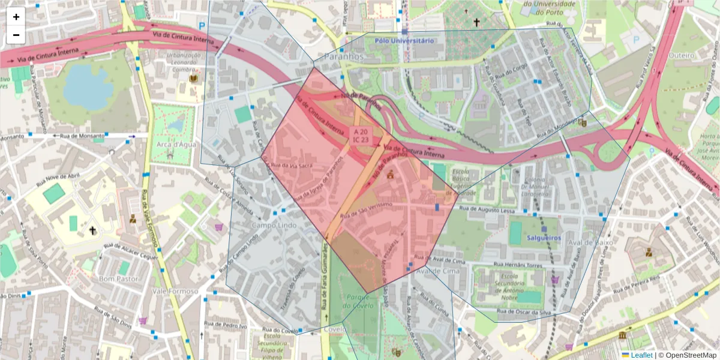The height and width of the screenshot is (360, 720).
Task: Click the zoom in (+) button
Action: tap(16, 17)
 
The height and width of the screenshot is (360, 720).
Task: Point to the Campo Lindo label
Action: tap(274, 225)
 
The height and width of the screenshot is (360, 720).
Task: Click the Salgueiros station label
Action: tap(543, 238)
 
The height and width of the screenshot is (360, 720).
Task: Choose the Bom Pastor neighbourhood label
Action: tap(118, 279)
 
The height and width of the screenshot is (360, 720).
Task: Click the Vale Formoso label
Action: tap(175, 291)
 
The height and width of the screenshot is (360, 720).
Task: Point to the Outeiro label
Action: tap(681, 55)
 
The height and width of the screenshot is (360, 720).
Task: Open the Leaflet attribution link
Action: tap(641, 355)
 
